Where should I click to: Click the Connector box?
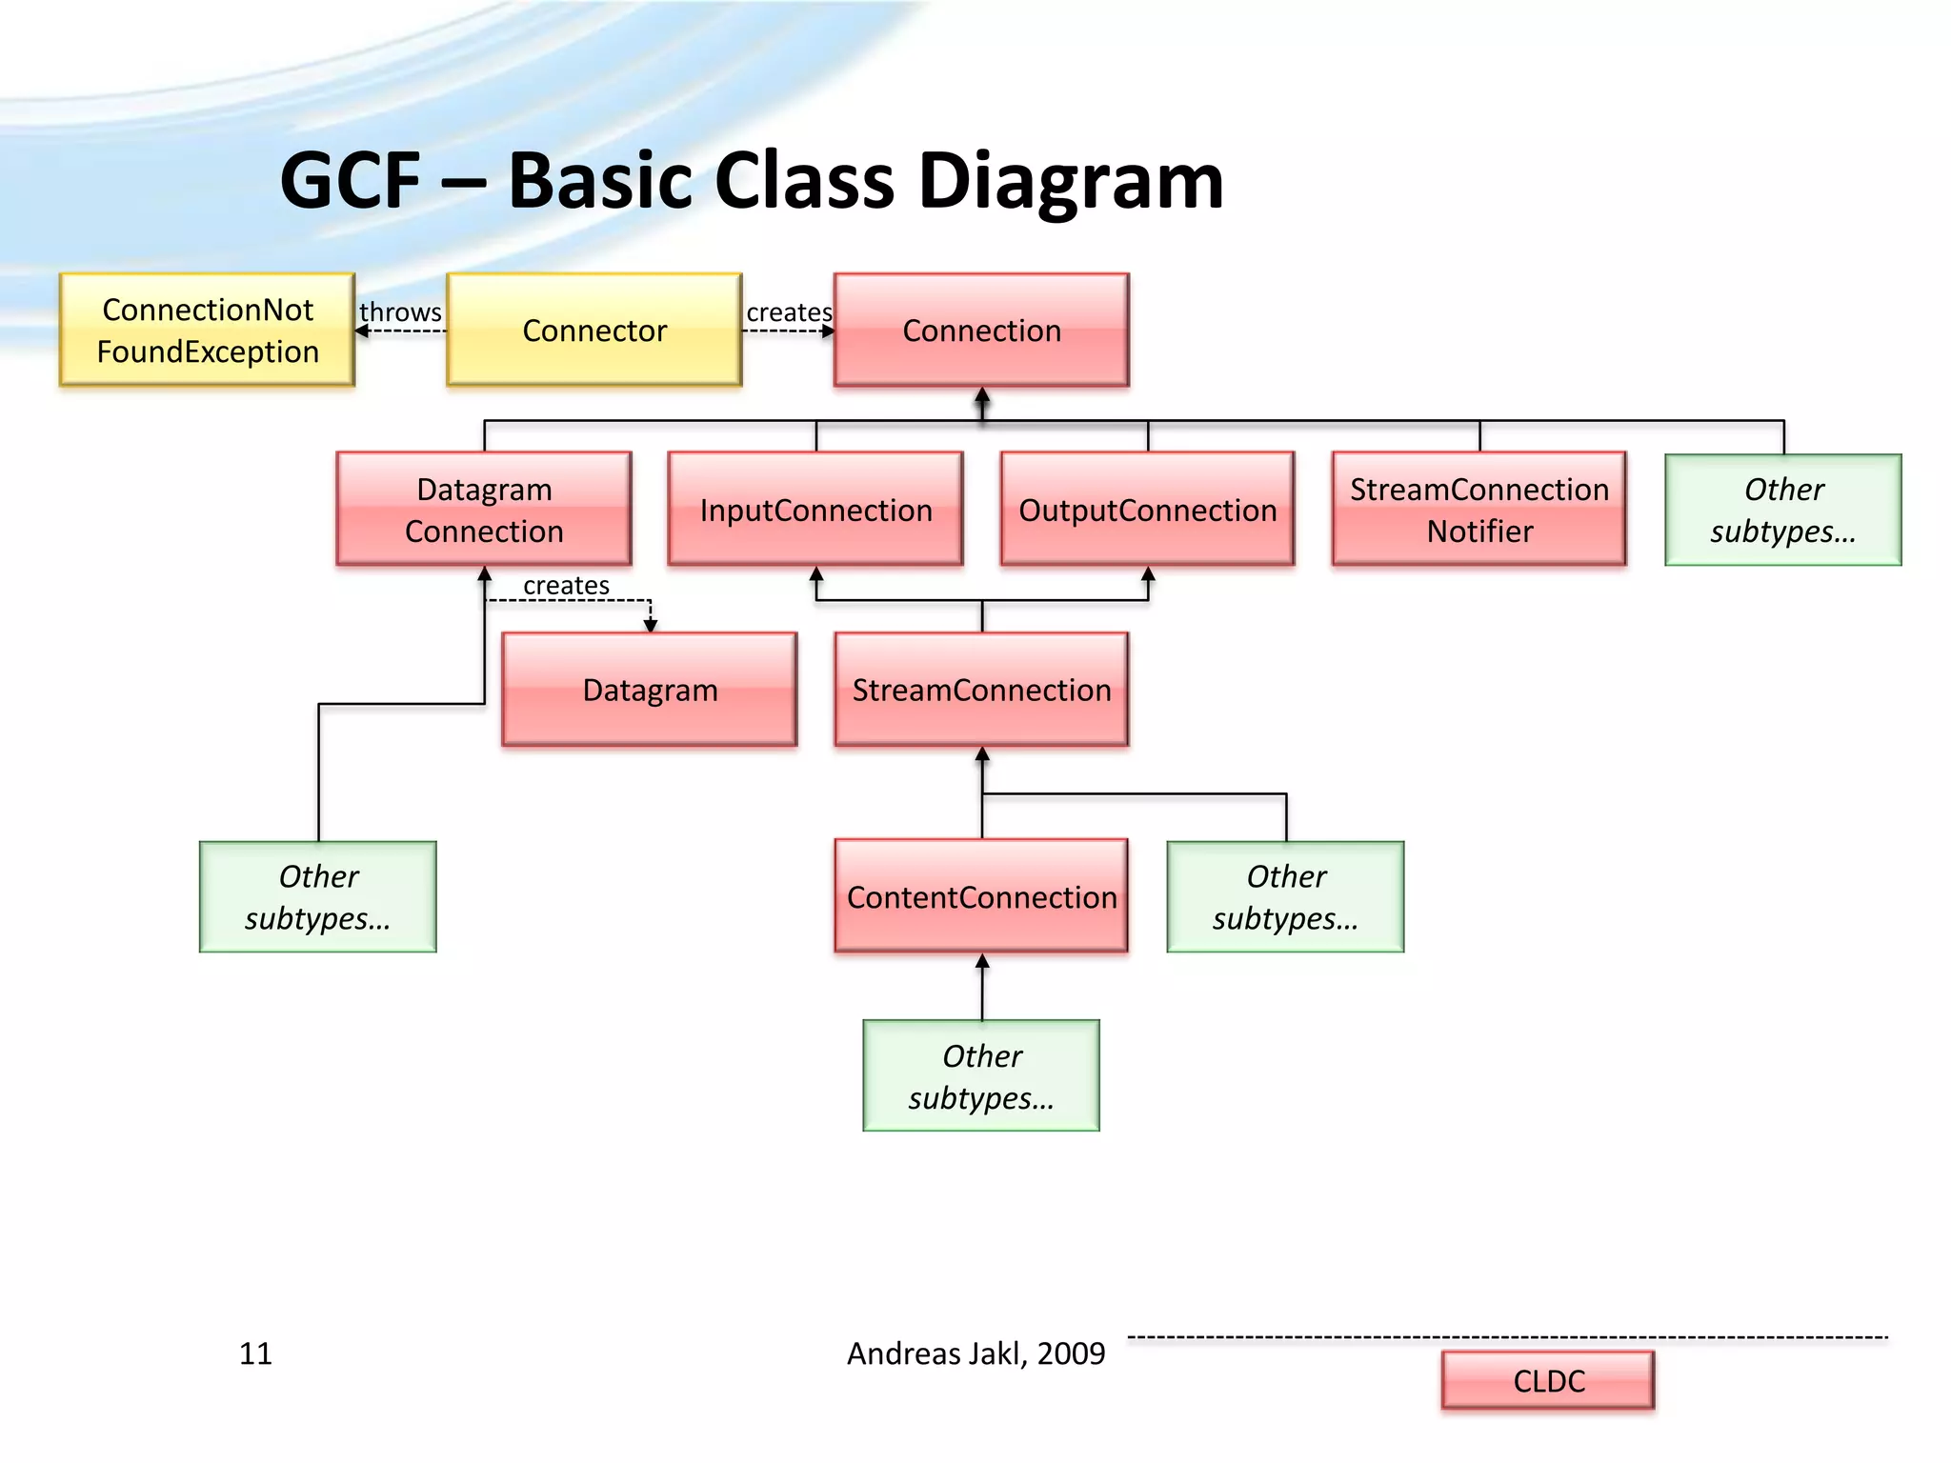click(594, 330)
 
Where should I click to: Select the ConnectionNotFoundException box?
click(207, 330)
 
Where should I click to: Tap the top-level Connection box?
click(981, 330)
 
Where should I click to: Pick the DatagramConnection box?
click(484, 510)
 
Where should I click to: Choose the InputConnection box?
click(815, 510)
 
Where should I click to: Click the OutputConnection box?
click(1147, 510)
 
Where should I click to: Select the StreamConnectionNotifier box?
click(1479, 510)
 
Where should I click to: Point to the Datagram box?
click(650, 690)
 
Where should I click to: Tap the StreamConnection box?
click(981, 690)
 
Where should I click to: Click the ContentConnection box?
click(981, 896)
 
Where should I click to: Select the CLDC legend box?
click(1548, 1380)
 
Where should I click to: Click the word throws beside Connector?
click(400, 312)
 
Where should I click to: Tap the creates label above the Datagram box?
click(566, 585)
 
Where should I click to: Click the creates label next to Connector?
click(789, 312)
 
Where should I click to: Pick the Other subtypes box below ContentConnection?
click(981, 1076)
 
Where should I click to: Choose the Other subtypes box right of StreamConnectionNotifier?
click(1783, 510)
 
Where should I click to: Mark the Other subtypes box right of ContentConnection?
click(1286, 896)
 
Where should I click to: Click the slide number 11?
click(255, 1353)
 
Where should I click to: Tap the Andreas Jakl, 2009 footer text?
click(975, 1353)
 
